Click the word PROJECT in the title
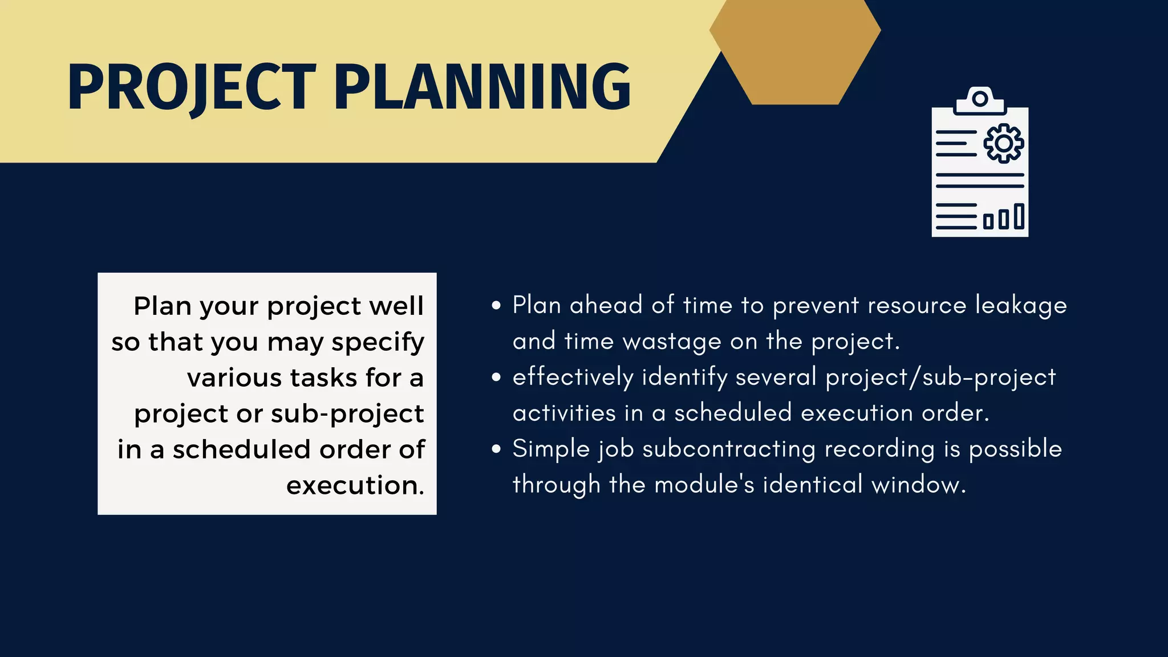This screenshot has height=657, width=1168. point(191,87)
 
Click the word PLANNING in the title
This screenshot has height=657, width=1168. point(482,87)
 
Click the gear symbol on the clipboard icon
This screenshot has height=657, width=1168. point(1004,143)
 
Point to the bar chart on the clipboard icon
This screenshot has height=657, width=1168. point(1004,217)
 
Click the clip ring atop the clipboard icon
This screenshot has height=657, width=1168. point(980,99)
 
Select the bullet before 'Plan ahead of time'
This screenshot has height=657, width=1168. point(496,306)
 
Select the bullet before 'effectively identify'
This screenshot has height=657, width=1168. point(496,378)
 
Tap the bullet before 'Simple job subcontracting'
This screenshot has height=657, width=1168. point(496,449)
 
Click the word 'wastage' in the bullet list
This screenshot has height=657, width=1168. point(672,342)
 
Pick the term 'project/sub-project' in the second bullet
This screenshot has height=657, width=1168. point(941,378)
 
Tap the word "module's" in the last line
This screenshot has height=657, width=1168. point(704,485)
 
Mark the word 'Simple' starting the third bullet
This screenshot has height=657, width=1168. point(551,449)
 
